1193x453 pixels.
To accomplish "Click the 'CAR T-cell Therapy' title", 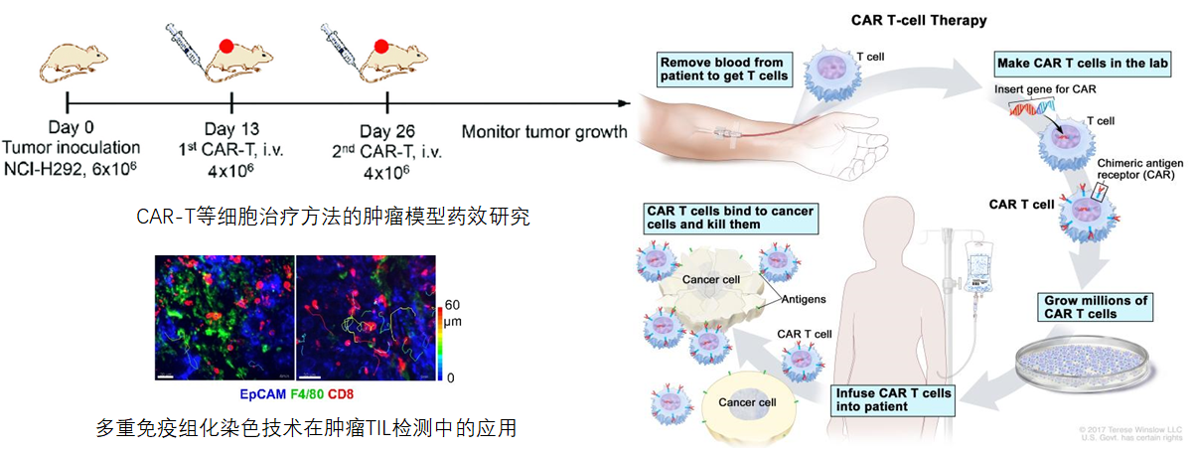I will point(918,20).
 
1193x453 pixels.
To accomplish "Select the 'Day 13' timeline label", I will point(230,128).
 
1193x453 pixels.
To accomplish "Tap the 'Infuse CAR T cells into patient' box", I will point(893,399).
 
